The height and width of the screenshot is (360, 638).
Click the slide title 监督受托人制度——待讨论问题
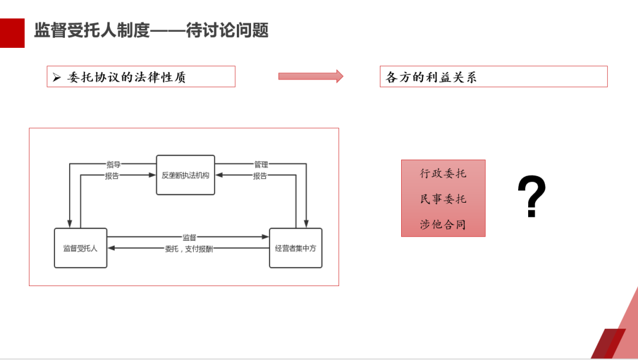(151, 31)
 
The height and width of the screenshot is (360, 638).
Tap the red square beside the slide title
(12, 33)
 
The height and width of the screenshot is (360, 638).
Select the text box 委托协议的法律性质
(141, 77)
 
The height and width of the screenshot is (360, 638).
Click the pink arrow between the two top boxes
(310, 76)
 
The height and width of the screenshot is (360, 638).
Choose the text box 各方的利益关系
(493, 77)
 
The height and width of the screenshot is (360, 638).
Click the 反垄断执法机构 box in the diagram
(185, 175)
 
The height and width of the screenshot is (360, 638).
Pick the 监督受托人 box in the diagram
(80, 248)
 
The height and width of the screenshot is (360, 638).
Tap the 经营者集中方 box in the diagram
(295, 248)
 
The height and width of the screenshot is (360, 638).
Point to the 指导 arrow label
(113, 164)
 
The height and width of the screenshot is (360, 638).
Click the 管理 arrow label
(261, 164)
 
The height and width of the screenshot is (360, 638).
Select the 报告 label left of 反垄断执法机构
(112, 176)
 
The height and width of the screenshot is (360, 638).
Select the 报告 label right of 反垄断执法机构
(260, 176)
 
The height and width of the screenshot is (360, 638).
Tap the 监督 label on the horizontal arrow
(189, 237)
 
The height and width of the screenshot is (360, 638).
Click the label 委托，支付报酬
(189, 249)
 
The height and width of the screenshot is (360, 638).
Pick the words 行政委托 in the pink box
(443, 174)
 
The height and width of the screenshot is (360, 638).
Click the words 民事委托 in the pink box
(443, 199)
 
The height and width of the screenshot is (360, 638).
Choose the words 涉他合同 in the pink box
(443, 225)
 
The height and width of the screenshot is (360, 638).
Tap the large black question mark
(532, 197)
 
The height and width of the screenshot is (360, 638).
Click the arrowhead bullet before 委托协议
(57, 77)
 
